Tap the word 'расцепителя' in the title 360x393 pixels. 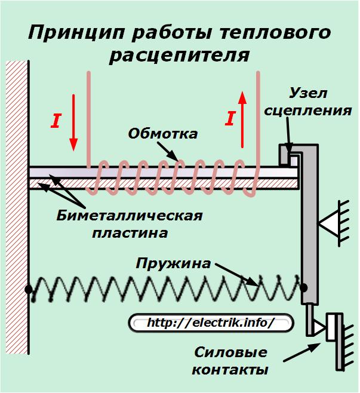click(179, 55)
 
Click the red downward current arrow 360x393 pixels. click(73, 123)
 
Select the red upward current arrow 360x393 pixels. click(242, 119)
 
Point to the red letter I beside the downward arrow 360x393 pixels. click(56, 121)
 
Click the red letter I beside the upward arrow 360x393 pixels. click(230, 118)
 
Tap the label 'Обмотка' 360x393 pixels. click(163, 134)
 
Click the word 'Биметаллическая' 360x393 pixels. click(130, 216)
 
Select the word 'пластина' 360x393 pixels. click(130, 234)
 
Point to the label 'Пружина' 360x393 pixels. click(173, 264)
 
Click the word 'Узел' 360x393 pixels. click(308, 93)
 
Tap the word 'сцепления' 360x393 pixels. click(308, 110)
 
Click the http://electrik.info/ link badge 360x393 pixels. click(210, 323)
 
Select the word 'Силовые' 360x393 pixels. click(230, 352)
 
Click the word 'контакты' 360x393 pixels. click(230, 370)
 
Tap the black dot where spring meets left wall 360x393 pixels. click(29, 290)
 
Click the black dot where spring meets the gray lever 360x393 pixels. click(304, 287)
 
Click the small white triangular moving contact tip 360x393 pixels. click(319, 327)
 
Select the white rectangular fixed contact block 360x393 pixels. click(331, 327)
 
